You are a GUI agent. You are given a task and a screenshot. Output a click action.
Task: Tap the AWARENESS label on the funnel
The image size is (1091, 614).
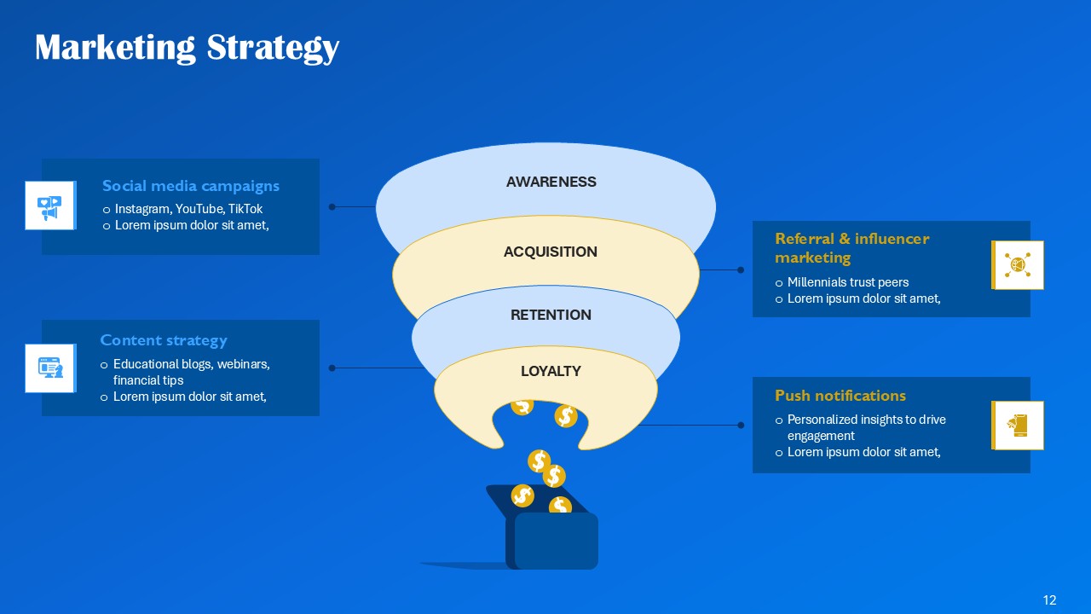point(551,182)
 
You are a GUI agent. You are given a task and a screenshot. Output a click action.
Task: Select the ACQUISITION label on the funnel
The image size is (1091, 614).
point(550,252)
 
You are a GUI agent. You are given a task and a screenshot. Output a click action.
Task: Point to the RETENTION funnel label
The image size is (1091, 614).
point(551,315)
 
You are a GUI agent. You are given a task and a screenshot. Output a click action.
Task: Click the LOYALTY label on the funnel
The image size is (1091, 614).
point(551,371)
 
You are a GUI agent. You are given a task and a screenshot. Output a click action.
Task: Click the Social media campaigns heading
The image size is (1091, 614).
point(190,186)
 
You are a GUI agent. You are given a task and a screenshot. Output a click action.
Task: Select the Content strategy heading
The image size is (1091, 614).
point(164,340)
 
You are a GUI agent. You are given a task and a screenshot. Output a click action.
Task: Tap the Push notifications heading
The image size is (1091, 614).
point(840,396)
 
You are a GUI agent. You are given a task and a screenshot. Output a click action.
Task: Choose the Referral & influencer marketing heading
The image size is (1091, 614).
point(851,247)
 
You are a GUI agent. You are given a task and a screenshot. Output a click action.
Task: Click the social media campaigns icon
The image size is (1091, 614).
point(49,206)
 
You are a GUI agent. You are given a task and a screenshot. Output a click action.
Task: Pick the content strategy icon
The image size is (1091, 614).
point(49,368)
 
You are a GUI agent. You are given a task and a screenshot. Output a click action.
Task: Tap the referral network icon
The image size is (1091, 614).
point(1019,265)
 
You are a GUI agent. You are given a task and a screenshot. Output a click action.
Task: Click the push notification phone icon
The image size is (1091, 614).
point(1019,425)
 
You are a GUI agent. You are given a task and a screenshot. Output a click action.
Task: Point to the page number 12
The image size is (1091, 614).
point(1049,600)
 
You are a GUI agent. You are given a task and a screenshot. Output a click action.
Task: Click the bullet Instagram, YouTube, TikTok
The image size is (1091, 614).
point(188,209)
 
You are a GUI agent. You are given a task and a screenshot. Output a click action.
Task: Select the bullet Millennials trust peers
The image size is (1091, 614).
point(847,282)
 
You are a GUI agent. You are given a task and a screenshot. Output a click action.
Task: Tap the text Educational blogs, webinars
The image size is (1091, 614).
point(191,364)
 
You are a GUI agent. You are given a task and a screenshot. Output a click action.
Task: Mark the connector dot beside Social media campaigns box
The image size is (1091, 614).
point(332,206)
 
